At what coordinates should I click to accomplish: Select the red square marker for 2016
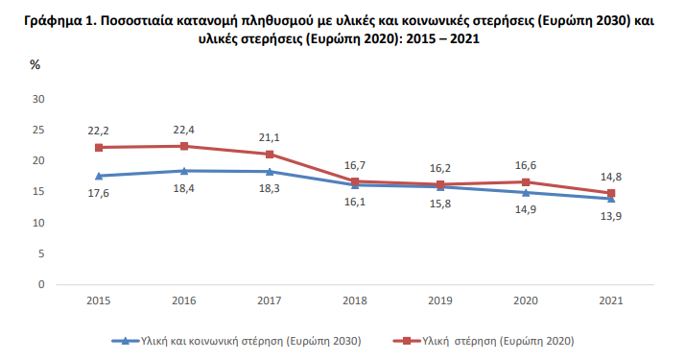185,146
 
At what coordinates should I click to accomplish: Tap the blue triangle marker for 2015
98,176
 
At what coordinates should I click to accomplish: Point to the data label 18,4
185,190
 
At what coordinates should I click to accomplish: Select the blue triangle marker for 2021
612,198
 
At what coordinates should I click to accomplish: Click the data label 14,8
611,176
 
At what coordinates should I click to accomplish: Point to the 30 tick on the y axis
39,99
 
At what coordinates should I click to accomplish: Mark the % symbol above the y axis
35,66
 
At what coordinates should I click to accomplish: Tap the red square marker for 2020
527,182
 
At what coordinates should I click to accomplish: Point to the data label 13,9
611,218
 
